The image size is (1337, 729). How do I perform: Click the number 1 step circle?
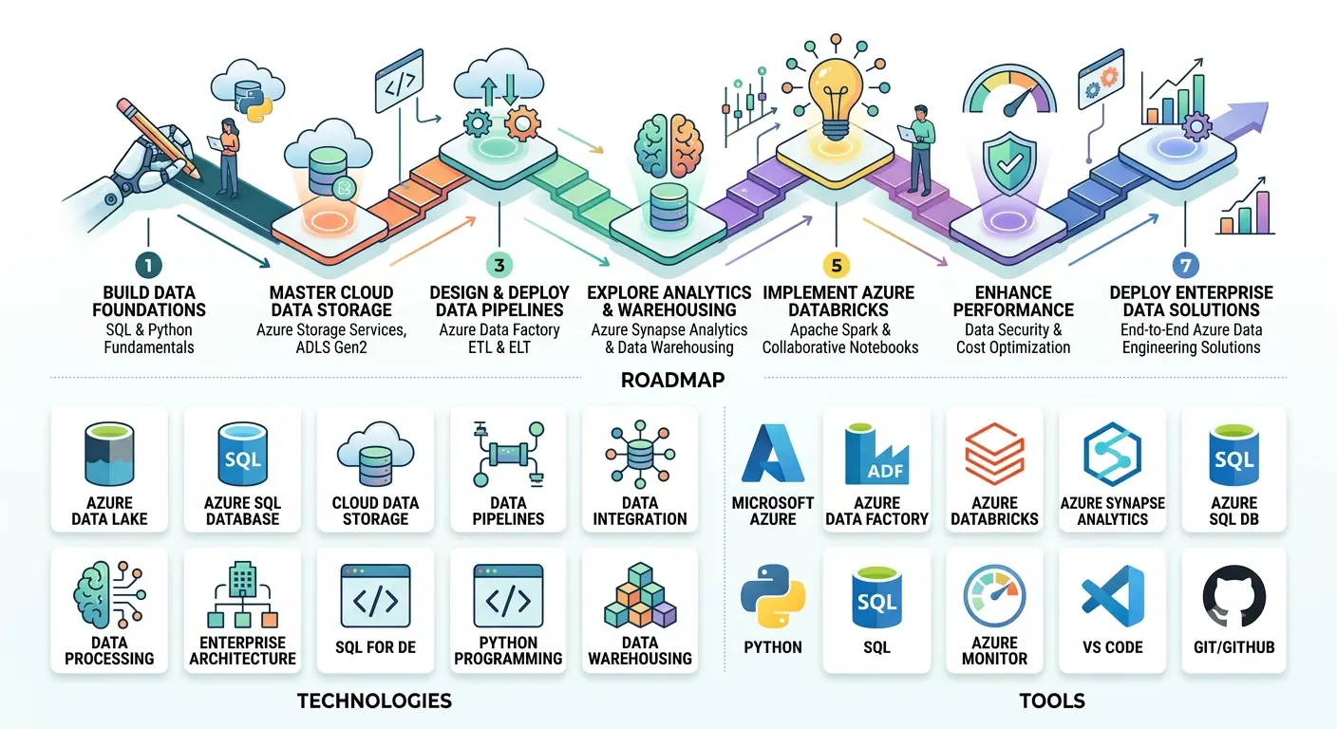tap(149, 265)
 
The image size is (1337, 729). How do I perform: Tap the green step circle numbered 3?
tap(499, 265)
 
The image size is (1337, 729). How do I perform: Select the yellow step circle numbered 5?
tap(837, 266)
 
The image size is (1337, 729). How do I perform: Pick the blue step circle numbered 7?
tap(1185, 266)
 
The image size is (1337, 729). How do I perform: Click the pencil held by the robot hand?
tap(159, 139)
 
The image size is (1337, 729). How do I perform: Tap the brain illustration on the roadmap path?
tap(668, 146)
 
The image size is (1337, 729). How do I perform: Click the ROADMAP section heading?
tap(672, 380)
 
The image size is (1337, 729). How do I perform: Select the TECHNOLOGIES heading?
tap(374, 701)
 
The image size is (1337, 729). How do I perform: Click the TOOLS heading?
tap(1052, 701)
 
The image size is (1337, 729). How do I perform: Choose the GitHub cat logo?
tap(1233, 596)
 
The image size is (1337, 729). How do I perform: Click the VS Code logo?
tap(1113, 596)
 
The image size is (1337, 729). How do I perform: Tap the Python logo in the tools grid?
tap(772, 596)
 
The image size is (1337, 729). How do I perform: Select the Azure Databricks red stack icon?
tap(994, 454)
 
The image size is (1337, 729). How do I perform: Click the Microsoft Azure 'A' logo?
tap(772, 454)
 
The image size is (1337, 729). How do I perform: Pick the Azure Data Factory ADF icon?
tap(876, 455)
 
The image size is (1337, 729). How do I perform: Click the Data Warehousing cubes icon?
tap(640, 595)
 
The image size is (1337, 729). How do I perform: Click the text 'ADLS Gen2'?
tap(331, 347)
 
